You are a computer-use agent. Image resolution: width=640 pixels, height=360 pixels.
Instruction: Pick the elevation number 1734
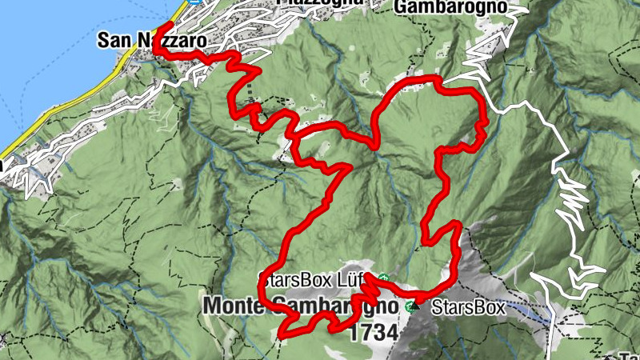point(373,333)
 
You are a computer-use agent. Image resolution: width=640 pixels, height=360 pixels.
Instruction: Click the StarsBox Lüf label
point(307,281)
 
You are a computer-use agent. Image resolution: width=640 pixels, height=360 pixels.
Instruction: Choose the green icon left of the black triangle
point(410,306)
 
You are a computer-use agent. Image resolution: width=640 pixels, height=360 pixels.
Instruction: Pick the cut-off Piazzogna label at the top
point(320,3)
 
